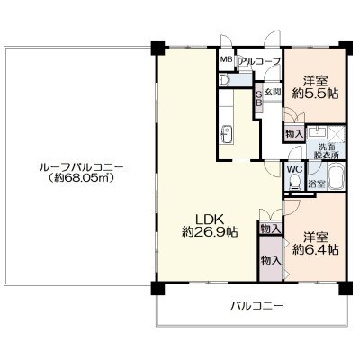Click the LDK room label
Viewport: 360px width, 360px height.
pyautogui.click(x=210, y=220)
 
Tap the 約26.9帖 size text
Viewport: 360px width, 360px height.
pyautogui.click(x=210, y=232)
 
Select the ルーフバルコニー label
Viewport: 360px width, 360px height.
pyautogui.click(x=81, y=166)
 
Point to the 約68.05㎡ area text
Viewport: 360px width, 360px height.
pyautogui.click(x=81, y=178)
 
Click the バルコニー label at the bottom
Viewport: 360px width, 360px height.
pyautogui.click(x=256, y=306)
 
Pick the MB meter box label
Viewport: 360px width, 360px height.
pyautogui.click(x=227, y=59)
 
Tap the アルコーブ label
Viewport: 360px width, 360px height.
pyautogui.click(x=260, y=61)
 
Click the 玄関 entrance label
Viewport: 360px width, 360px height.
pyautogui.click(x=273, y=92)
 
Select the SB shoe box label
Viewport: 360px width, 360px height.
pyautogui.click(x=258, y=98)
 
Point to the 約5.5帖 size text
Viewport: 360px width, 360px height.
pyautogui.click(x=315, y=94)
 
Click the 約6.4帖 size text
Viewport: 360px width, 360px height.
pyautogui.click(x=316, y=249)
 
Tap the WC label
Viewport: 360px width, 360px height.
pyautogui.click(x=294, y=169)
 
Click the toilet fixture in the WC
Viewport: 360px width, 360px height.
pyautogui.click(x=294, y=183)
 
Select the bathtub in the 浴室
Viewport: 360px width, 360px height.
pyautogui.click(x=337, y=176)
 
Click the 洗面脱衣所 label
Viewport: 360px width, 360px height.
pyautogui.click(x=326, y=151)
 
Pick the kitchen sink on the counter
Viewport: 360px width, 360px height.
pyautogui.click(x=226, y=134)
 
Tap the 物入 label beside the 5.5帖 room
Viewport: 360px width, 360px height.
pyautogui.click(x=294, y=134)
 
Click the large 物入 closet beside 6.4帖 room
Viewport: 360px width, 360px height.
pyautogui.click(x=271, y=258)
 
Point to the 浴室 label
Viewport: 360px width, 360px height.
pyautogui.click(x=317, y=184)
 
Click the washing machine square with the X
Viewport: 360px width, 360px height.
pyautogui.click(x=336, y=134)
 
